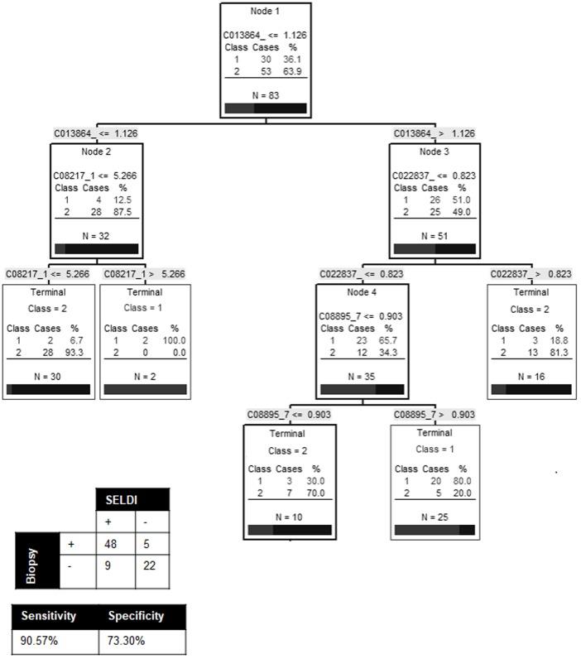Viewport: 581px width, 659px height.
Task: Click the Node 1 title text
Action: tap(266, 11)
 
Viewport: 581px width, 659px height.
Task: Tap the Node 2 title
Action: tap(96, 152)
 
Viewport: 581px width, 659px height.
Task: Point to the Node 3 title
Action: tap(434, 152)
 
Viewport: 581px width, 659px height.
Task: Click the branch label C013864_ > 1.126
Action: tap(435, 133)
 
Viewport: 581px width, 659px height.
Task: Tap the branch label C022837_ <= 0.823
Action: tap(361, 274)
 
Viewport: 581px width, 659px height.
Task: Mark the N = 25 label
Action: tap(435, 515)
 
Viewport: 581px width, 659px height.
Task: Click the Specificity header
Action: tap(137, 616)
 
